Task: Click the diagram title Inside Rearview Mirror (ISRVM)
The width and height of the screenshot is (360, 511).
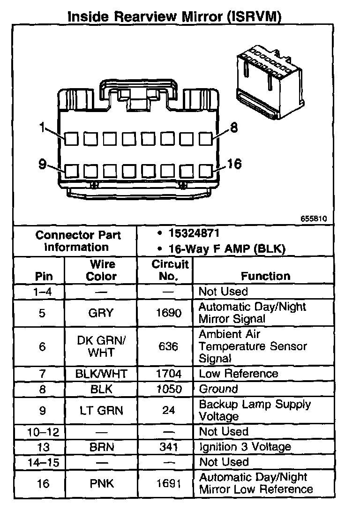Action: point(174,17)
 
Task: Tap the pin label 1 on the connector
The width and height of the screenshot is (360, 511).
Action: point(43,128)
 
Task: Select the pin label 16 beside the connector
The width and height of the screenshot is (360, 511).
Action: point(234,164)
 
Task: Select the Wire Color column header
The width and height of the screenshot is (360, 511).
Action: point(101,270)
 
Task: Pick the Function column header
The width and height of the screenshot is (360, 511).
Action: point(265,276)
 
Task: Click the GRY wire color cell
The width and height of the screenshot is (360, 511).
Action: point(101,313)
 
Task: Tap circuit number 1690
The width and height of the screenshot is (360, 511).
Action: point(168,313)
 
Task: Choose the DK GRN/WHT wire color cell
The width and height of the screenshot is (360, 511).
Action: point(101,346)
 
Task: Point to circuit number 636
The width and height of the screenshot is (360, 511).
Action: point(168,346)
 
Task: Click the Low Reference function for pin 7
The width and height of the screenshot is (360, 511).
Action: point(238,374)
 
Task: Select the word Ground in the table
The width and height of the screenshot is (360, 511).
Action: point(218,389)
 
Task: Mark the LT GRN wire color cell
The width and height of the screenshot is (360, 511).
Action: point(101,410)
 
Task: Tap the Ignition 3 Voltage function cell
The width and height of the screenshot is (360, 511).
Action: point(245,447)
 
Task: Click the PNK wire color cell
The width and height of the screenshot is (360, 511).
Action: point(101,483)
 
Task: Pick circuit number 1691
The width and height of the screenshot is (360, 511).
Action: point(168,483)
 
